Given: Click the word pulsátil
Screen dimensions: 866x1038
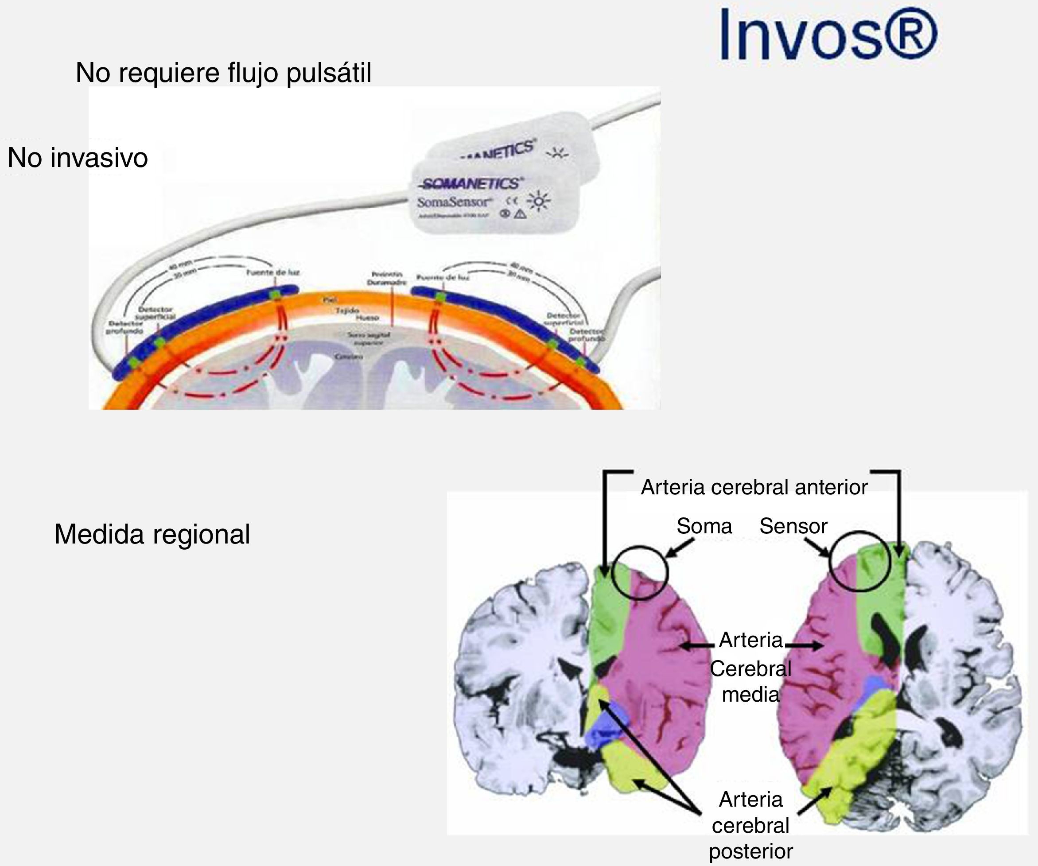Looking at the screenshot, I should coord(328,73).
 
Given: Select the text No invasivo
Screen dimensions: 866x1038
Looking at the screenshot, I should coord(78,158).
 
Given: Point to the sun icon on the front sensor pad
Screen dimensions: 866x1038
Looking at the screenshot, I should coord(538,202).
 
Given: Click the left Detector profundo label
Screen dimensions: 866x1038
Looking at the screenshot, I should coord(125,327).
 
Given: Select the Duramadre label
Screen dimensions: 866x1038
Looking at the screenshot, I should coord(387,283).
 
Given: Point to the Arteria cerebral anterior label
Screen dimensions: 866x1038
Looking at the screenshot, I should coord(754,487).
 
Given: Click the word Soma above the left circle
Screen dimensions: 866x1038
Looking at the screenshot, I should coord(704,526).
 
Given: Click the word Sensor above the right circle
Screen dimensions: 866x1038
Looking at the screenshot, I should coord(793,526).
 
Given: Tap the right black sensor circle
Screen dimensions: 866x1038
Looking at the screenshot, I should coord(859,562).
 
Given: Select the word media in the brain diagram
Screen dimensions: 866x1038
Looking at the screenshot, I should coord(750,695).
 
